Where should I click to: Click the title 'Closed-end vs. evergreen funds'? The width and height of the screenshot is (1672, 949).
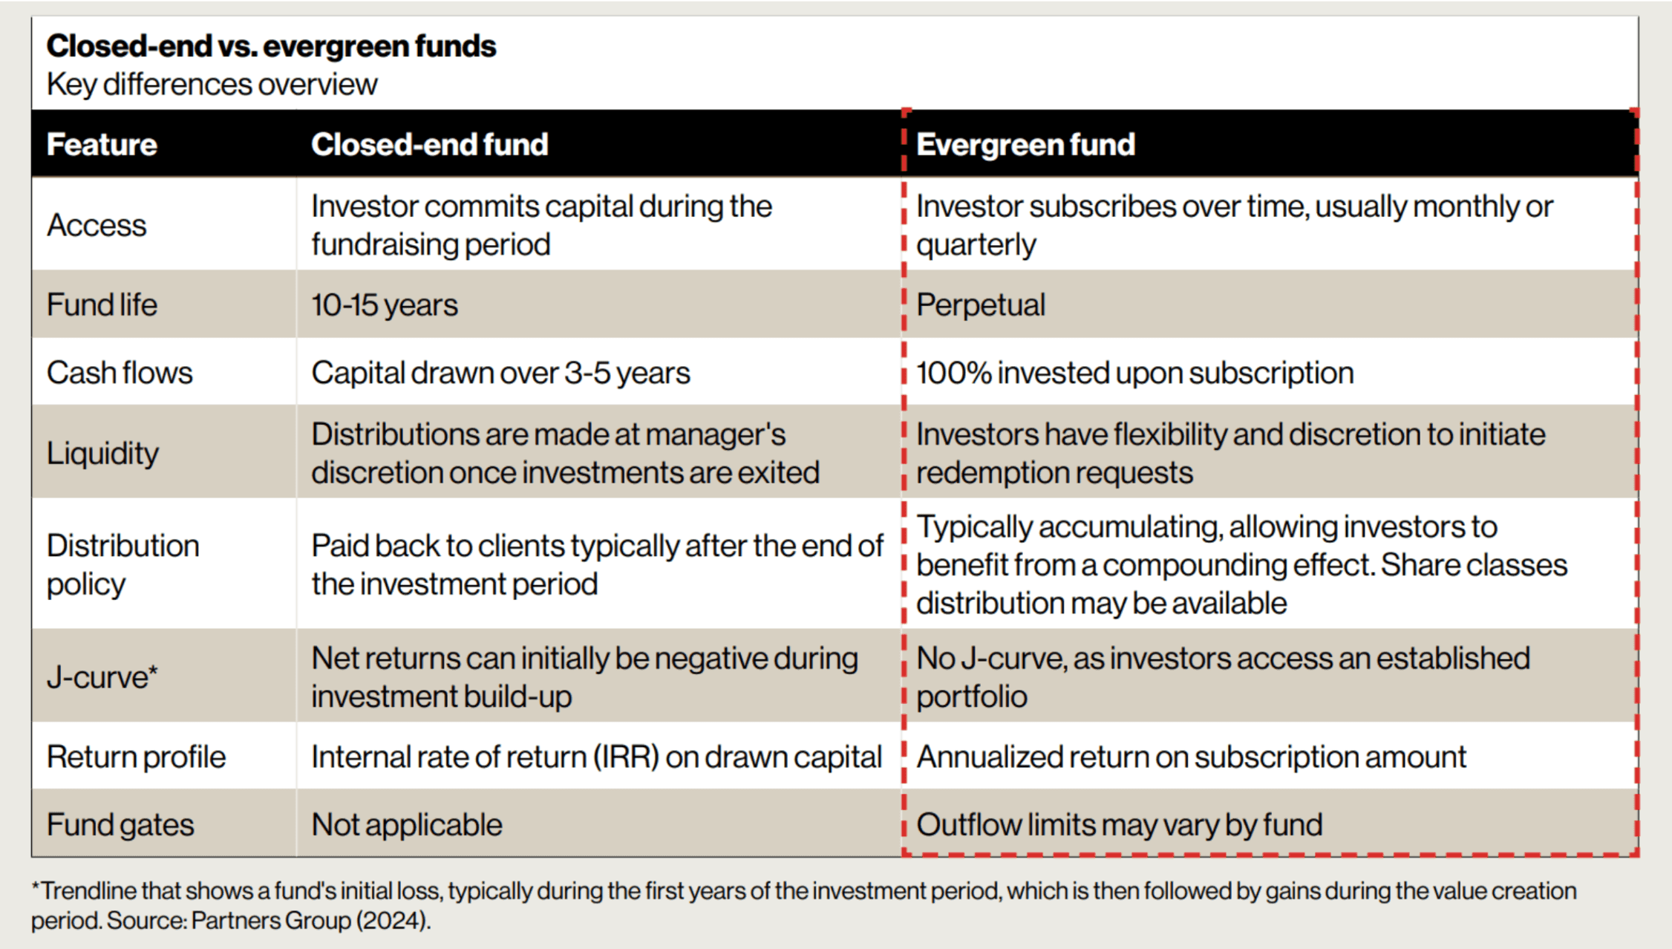(271, 46)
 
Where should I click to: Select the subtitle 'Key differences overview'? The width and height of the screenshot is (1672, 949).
(212, 85)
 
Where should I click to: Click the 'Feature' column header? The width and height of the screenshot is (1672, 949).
(102, 144)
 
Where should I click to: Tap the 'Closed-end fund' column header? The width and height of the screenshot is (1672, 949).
(429, 144)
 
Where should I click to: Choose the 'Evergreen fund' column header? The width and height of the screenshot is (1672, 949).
(1025, 144)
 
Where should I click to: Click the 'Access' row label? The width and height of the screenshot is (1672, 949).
(97, 225)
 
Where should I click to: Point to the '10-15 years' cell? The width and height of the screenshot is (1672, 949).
(384, 305)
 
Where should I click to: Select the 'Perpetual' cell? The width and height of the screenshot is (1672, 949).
(980, 305)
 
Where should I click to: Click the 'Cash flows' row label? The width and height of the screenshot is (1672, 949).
(119, 373)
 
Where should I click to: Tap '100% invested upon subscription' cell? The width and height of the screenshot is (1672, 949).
(1134, 373)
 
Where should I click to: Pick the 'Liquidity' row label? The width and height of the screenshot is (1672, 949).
(102, 453)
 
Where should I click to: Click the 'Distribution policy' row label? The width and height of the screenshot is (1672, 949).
(123, 564)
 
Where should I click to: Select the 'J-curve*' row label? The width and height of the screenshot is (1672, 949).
(102, 677)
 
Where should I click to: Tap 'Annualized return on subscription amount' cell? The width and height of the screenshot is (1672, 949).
(1191, 757)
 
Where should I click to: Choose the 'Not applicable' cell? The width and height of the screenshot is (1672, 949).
(406, 825)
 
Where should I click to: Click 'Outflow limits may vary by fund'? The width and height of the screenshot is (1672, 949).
(1119, 825)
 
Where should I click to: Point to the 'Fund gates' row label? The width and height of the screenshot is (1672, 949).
(120, 825)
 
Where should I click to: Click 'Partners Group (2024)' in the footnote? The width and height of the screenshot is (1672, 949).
(310, 921)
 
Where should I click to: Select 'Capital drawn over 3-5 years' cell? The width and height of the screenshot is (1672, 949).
(500, 373)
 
